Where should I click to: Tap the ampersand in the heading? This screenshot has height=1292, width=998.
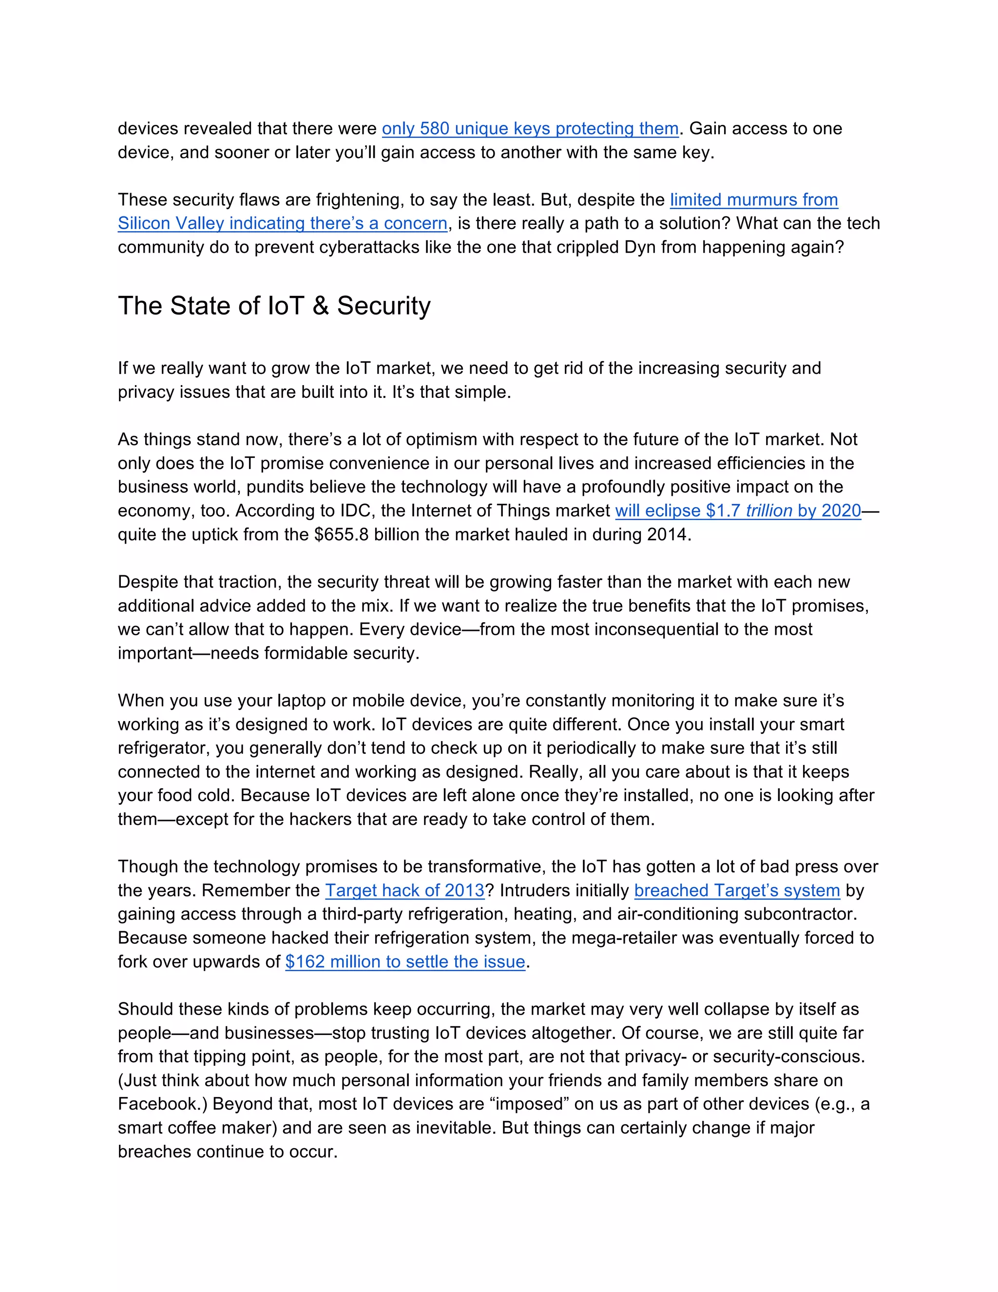[x=320, y=306]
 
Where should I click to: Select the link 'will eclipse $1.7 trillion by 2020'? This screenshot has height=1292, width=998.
[x=738, y=510]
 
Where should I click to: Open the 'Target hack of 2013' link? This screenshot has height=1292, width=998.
[x=404, y=890]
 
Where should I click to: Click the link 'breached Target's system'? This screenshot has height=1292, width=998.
[x=737, y=890]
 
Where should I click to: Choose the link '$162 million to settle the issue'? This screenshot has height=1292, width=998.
[x=405, y=961]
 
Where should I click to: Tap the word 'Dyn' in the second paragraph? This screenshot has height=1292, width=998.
[x=640, y=247]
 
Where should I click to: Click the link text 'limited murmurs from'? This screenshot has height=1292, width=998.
[x=753, y=199]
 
